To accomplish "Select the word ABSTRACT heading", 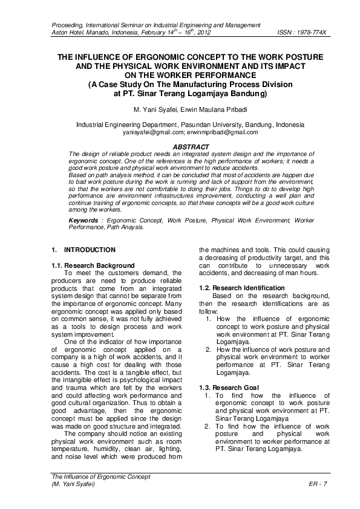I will tap(191, 147).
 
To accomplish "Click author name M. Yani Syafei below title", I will tap(155, 109).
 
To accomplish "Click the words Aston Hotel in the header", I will tap(70, 31).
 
